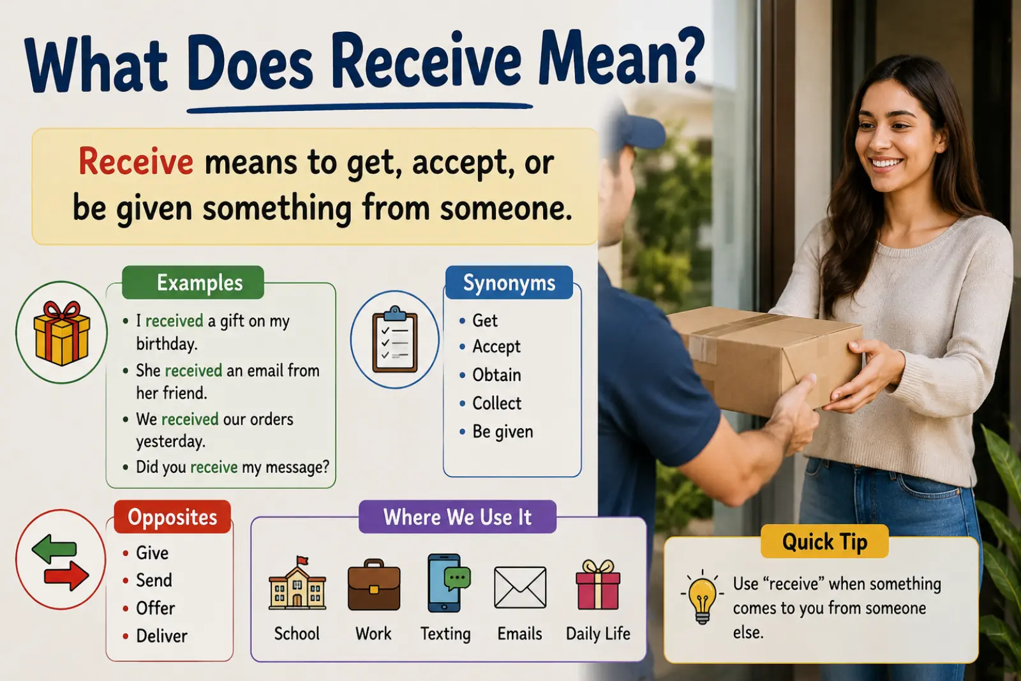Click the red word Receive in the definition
coord(136,162)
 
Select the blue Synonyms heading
coord(509,283)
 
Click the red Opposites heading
coord(172,517)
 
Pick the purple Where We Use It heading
coord(458,517)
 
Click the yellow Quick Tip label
coord(824,541)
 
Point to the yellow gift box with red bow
coord(61,333)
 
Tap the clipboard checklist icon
coord(395,340)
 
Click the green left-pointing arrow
coord(54,549)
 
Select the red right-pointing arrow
coord(66,576)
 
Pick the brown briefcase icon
coord(374,585)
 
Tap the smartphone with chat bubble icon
coord(448,583)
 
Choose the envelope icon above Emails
coord(520,587)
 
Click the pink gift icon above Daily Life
coord(598,585)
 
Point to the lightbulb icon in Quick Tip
coord(702,597)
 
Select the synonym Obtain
coord(496,375)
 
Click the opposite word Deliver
coord(162,636)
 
